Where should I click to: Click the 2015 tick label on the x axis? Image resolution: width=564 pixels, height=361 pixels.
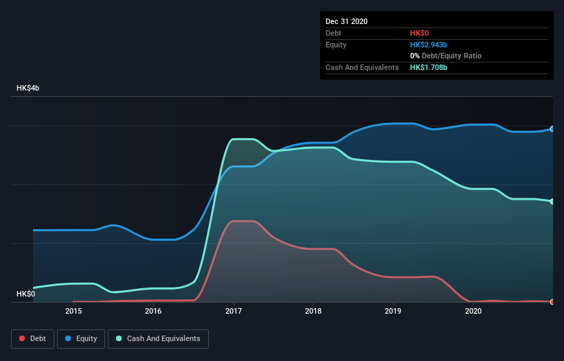click(74, 311)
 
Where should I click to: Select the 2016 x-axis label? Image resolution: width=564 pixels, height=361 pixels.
click(153, 311)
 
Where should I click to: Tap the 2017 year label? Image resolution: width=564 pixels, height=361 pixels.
click(234, 311)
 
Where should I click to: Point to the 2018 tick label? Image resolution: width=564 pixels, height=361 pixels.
click(313, 311)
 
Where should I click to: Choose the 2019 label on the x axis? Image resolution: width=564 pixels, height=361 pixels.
click(393, 311)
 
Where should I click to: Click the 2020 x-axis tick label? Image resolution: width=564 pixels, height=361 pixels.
click(473, 311)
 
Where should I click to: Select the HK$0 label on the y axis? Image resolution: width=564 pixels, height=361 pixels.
click(25, 294)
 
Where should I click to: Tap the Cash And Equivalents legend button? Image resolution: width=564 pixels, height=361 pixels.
click(158, 338)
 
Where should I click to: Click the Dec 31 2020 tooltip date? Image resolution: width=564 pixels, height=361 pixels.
click(347, 21)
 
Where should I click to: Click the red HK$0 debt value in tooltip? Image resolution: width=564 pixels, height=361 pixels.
click(420, 33)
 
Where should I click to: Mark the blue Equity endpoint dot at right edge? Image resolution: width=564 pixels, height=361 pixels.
click(552, 129)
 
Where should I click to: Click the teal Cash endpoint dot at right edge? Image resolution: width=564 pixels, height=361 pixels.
click(552, 201)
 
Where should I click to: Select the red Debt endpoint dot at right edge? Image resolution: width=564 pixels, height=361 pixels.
click(552, 301)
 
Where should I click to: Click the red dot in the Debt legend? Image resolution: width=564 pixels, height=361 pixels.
click(23, 338)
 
